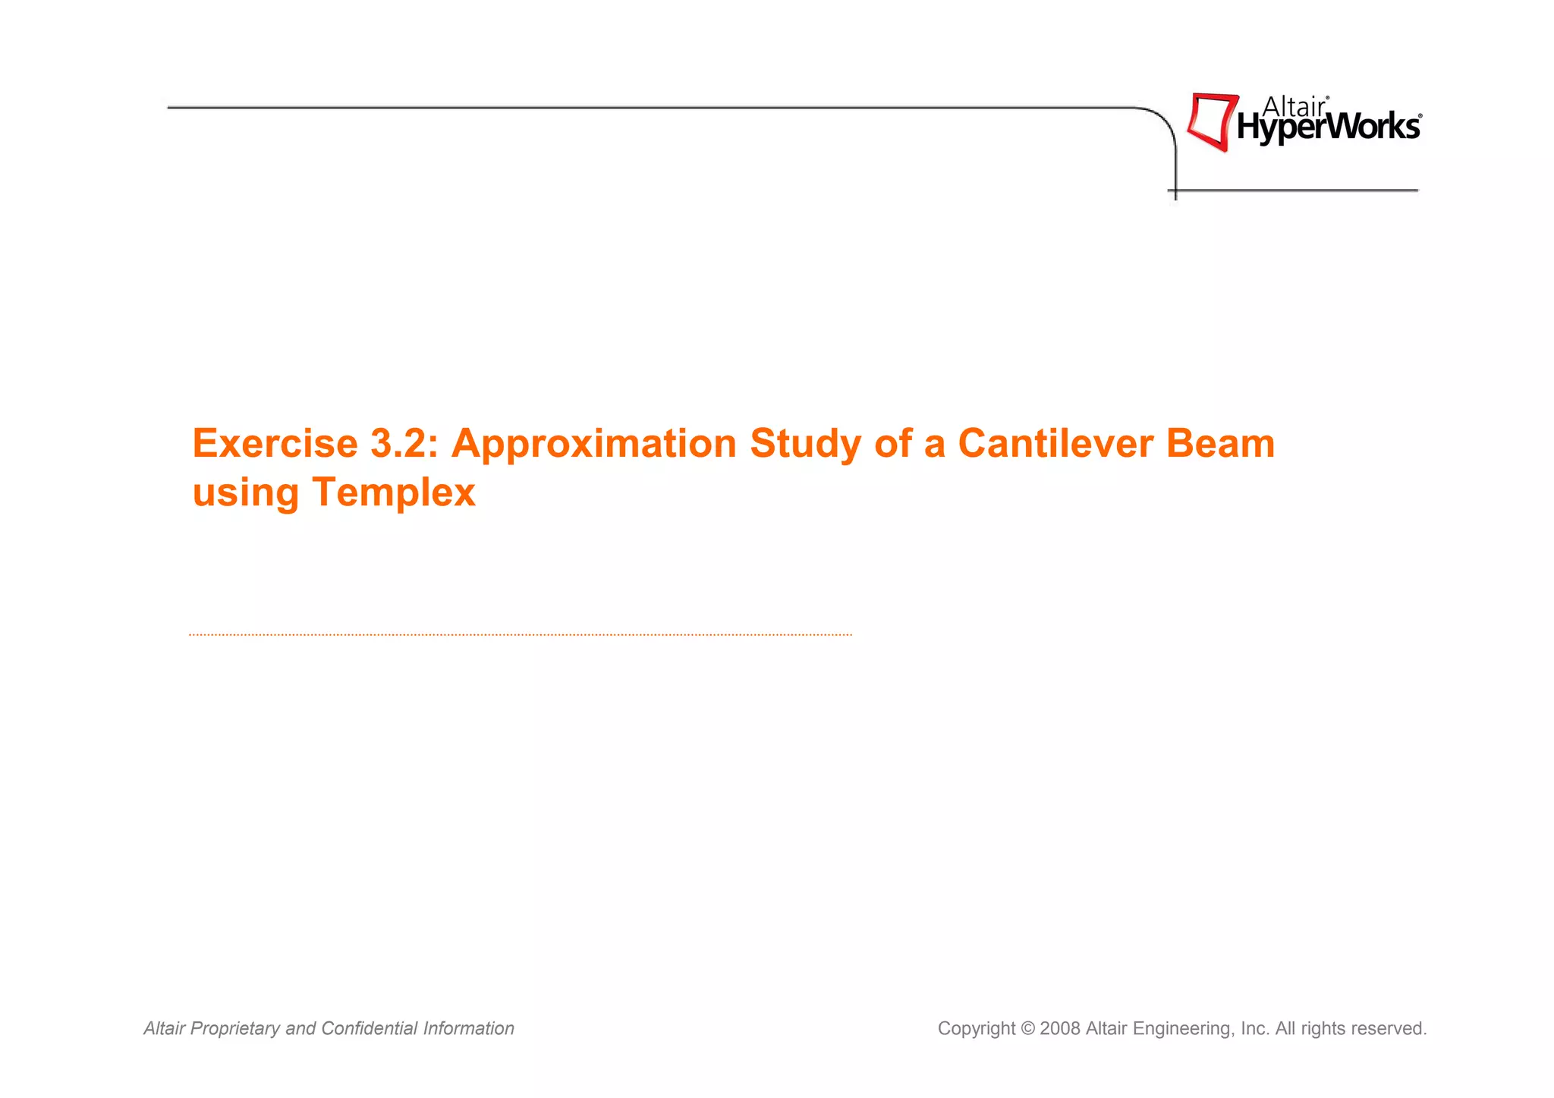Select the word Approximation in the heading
coord(593,445)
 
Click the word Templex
coord(393,492)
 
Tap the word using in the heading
coord(246,494)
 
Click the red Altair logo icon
coord(1211,121)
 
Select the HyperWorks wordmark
coord(1328,127)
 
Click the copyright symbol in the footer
coord(1028,1029)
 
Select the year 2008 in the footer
coord(1060,1029)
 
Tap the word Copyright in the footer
coord(976,1029)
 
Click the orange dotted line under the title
coord(520,634)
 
